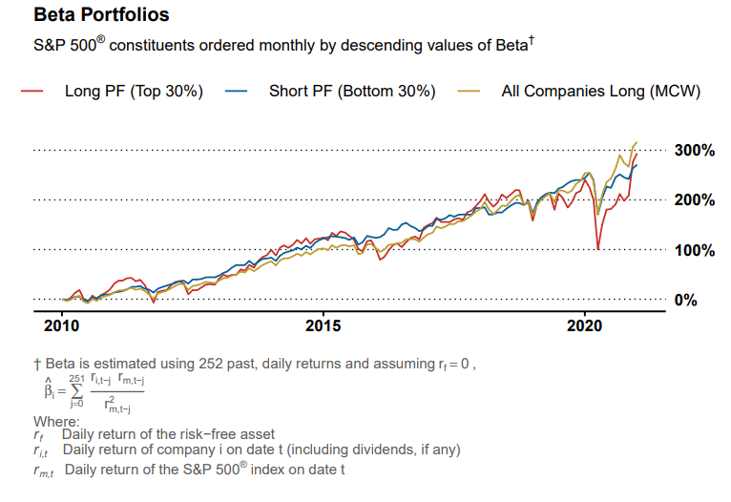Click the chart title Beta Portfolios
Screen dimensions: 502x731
point(102,16)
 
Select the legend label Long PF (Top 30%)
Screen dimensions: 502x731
point(134,92)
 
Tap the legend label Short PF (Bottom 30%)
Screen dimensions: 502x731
point(352,92)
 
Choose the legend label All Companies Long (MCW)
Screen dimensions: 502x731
point(601,92)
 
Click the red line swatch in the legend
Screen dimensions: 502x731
point(32,92)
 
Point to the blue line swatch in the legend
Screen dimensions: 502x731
point(237,92)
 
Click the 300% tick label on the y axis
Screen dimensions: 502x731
point(694,150)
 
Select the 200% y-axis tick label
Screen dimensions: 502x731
point(694,200)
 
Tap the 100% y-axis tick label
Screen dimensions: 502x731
point(694,250)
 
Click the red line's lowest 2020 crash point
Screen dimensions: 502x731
point(597,249)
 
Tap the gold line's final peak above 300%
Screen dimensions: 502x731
point(637,142)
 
